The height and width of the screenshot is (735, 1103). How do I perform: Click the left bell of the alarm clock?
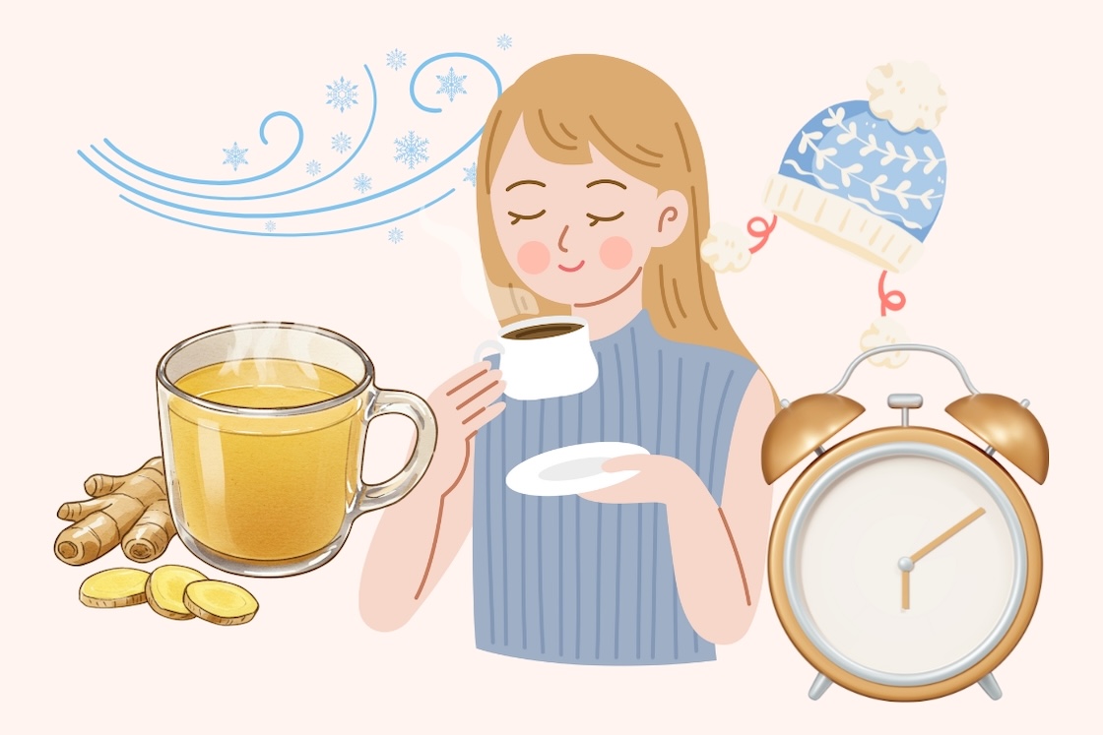(799, 433)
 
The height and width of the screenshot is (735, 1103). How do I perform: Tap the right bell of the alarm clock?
(1010, 433)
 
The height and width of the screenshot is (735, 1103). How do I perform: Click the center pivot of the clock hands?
(905, 564)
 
